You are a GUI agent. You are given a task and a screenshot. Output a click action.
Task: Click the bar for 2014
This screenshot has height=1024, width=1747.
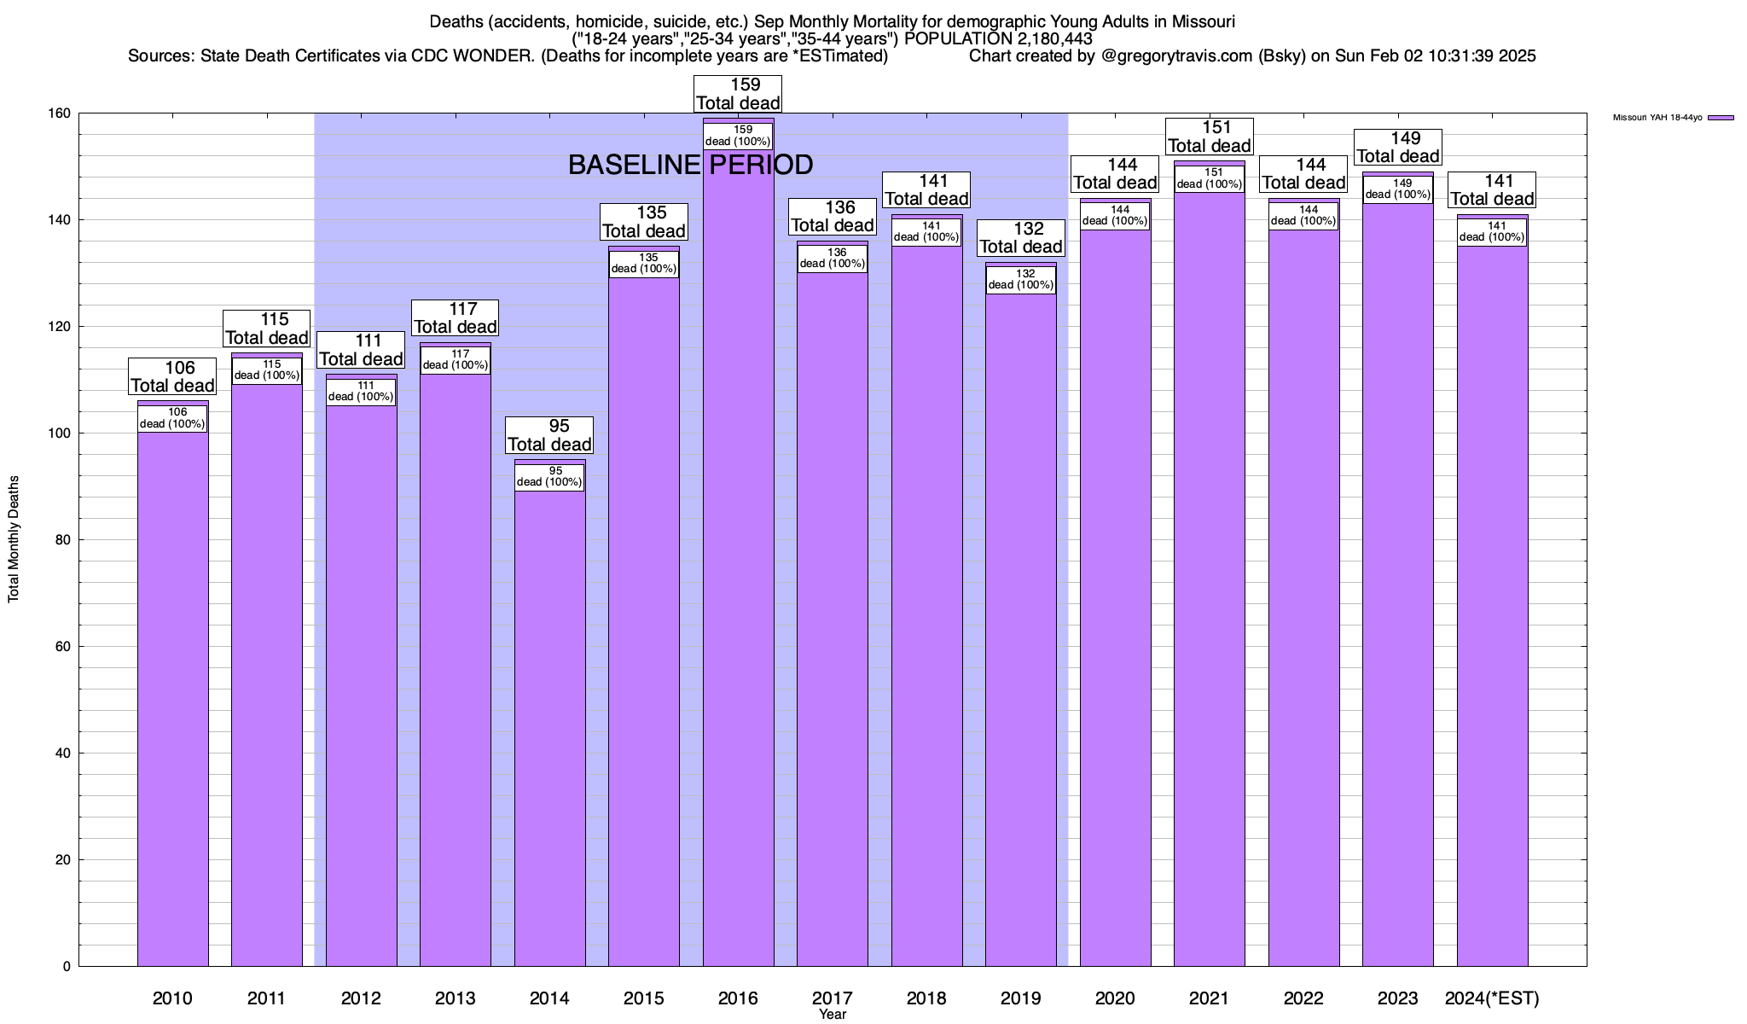point(550,725)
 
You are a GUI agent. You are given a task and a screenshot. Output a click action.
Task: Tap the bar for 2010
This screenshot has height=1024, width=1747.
point(172,700)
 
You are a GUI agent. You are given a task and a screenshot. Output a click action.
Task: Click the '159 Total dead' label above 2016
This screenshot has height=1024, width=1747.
point(738,94)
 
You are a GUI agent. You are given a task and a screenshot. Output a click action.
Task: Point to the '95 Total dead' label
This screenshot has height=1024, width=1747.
point(549,435)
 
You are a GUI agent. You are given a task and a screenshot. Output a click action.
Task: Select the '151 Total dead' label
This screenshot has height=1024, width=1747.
point(1210,137)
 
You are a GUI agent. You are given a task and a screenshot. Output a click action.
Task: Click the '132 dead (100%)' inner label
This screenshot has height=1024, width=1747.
point(1021,280)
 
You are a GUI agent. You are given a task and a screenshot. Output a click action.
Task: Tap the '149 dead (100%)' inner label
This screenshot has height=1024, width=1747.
point(1398,189)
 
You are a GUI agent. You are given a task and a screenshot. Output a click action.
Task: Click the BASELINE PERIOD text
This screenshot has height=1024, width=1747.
point(690,165)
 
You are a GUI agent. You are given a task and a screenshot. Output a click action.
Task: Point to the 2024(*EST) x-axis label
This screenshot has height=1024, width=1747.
point(1492,998)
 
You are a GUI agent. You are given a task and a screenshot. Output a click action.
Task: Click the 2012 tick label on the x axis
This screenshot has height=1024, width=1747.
point(361,998)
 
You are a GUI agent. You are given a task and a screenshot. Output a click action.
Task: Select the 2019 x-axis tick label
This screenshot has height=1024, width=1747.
point(1021,998)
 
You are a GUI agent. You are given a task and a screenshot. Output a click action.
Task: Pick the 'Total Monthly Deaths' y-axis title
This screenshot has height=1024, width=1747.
point(14,539)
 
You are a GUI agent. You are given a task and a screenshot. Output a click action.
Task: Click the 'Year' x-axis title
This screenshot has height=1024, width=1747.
point(833,1015)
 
